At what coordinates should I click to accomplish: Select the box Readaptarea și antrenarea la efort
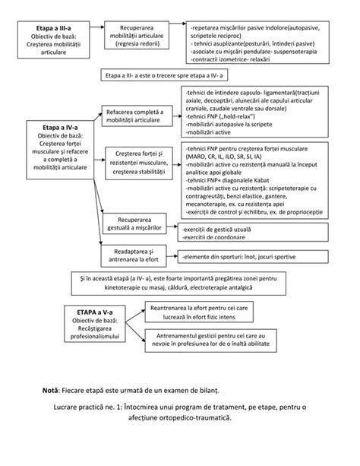tap(136, 255)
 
